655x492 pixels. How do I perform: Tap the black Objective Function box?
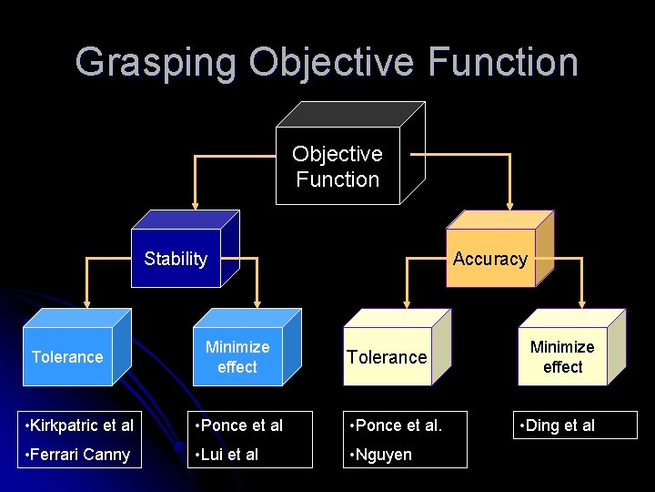338,167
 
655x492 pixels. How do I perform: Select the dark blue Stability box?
176,259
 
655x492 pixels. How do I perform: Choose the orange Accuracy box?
490,259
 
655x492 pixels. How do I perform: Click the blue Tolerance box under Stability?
67,356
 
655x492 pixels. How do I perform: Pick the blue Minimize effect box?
237,356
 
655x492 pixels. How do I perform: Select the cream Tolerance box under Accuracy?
387,356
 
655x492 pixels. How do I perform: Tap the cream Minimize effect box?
562,356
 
